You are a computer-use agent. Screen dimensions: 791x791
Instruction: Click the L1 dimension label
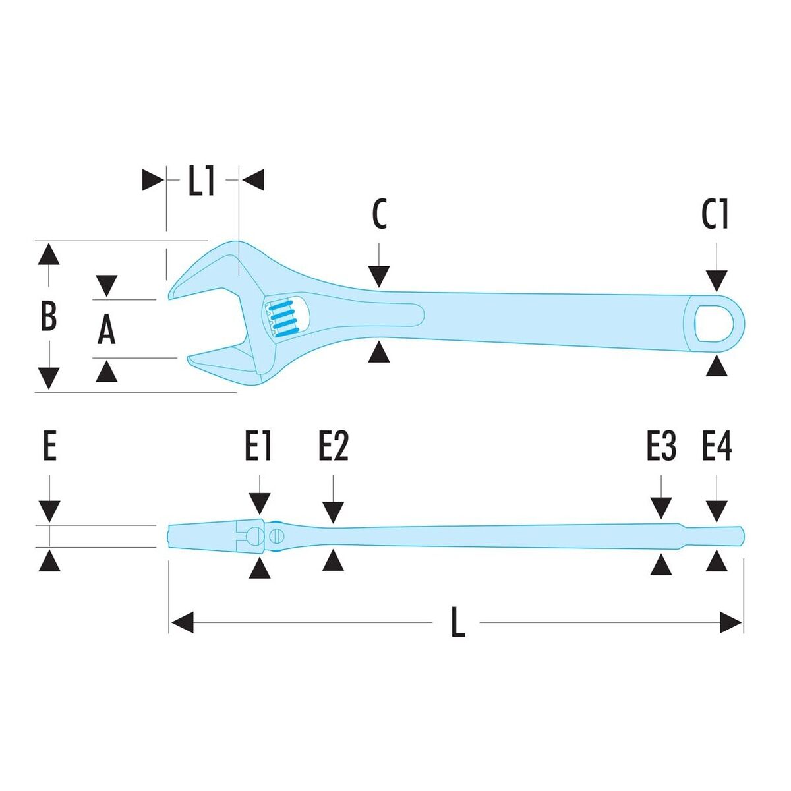click(x=201, y=180)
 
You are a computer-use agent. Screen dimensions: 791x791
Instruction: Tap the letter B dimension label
click(x=48, y=315)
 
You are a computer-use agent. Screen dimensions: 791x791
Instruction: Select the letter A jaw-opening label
click(x=106, y=329)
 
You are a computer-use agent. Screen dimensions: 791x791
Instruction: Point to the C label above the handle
click(x=379, y=214)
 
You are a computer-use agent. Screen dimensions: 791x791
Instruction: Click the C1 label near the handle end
click(x=715, y=214)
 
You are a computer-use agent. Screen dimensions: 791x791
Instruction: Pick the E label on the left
click(x=49, y=445)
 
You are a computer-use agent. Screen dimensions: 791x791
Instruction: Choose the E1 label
click(x=258, y=445)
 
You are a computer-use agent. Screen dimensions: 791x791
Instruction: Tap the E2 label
click(x=334, y=445)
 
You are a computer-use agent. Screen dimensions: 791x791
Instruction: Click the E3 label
click(x=661, y=445)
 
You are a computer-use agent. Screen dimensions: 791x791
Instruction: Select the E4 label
click(x=717, y=445)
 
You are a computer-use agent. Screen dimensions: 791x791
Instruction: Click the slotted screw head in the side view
click(x=277, y=535)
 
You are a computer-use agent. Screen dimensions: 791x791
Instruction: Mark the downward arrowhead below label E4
click(x=717, y=512)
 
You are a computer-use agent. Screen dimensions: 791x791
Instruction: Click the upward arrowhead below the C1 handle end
click(x=717, y=366)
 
